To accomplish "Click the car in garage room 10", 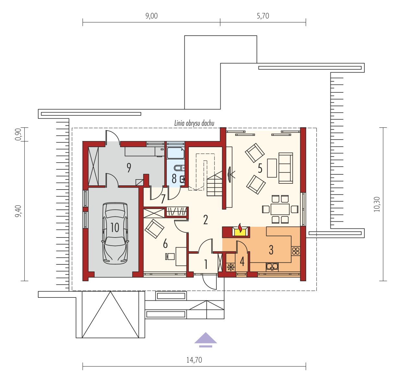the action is click(115, 233).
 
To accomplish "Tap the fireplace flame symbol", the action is click(240, 228).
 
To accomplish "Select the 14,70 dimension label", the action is click(194, 360).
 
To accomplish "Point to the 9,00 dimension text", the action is click(152, 16).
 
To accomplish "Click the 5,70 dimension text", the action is click(263, 16).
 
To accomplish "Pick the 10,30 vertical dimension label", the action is click(377, 204).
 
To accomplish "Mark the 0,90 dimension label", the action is click(18, 134).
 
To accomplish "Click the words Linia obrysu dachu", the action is click(194, 123).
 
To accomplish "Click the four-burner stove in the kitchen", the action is click(296, 251).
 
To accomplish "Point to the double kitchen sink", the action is click(272, 267).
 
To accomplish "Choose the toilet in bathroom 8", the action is click(179, 168).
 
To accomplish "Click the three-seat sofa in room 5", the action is click(286, 168).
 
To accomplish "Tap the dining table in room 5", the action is click(280, 209).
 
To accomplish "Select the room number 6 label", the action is click(166, 244).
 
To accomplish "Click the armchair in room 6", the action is click(155, 229).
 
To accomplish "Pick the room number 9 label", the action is click(129, 168).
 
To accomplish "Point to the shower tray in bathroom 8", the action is click(176, 153).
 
